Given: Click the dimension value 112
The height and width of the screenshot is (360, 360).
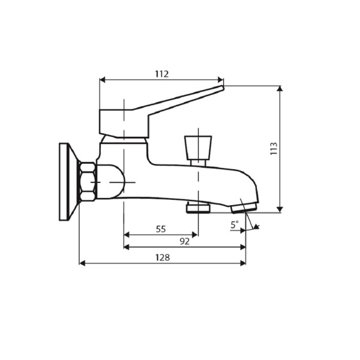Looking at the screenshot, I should pyautogui.click(x=161, y=74).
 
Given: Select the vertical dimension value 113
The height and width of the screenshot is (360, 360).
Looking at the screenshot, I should pyautogui.click(x=274, y=148).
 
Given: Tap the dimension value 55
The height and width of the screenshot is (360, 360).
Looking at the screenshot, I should pyautogui.click(x=161, y=229).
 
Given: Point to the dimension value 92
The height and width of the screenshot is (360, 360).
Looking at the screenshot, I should pyautogui.click(x=184, y=241).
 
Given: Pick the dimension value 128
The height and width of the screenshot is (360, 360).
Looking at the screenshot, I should pyautogui.click(x=162, y=257).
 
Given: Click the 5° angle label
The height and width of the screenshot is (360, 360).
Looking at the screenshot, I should pyautogui.click(x=234, y=224).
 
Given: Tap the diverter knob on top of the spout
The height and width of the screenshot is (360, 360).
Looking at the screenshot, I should pyautogui.click(x=199, y=146).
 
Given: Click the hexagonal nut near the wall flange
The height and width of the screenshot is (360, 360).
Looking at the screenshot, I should pyautogui.click(x=88, y=182).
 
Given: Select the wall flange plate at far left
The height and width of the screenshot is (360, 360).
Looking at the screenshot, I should pyautogui.click(x=66, y=182).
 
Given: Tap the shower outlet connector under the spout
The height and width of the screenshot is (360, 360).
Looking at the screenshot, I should pyautogui.click(x=197, y=208).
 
